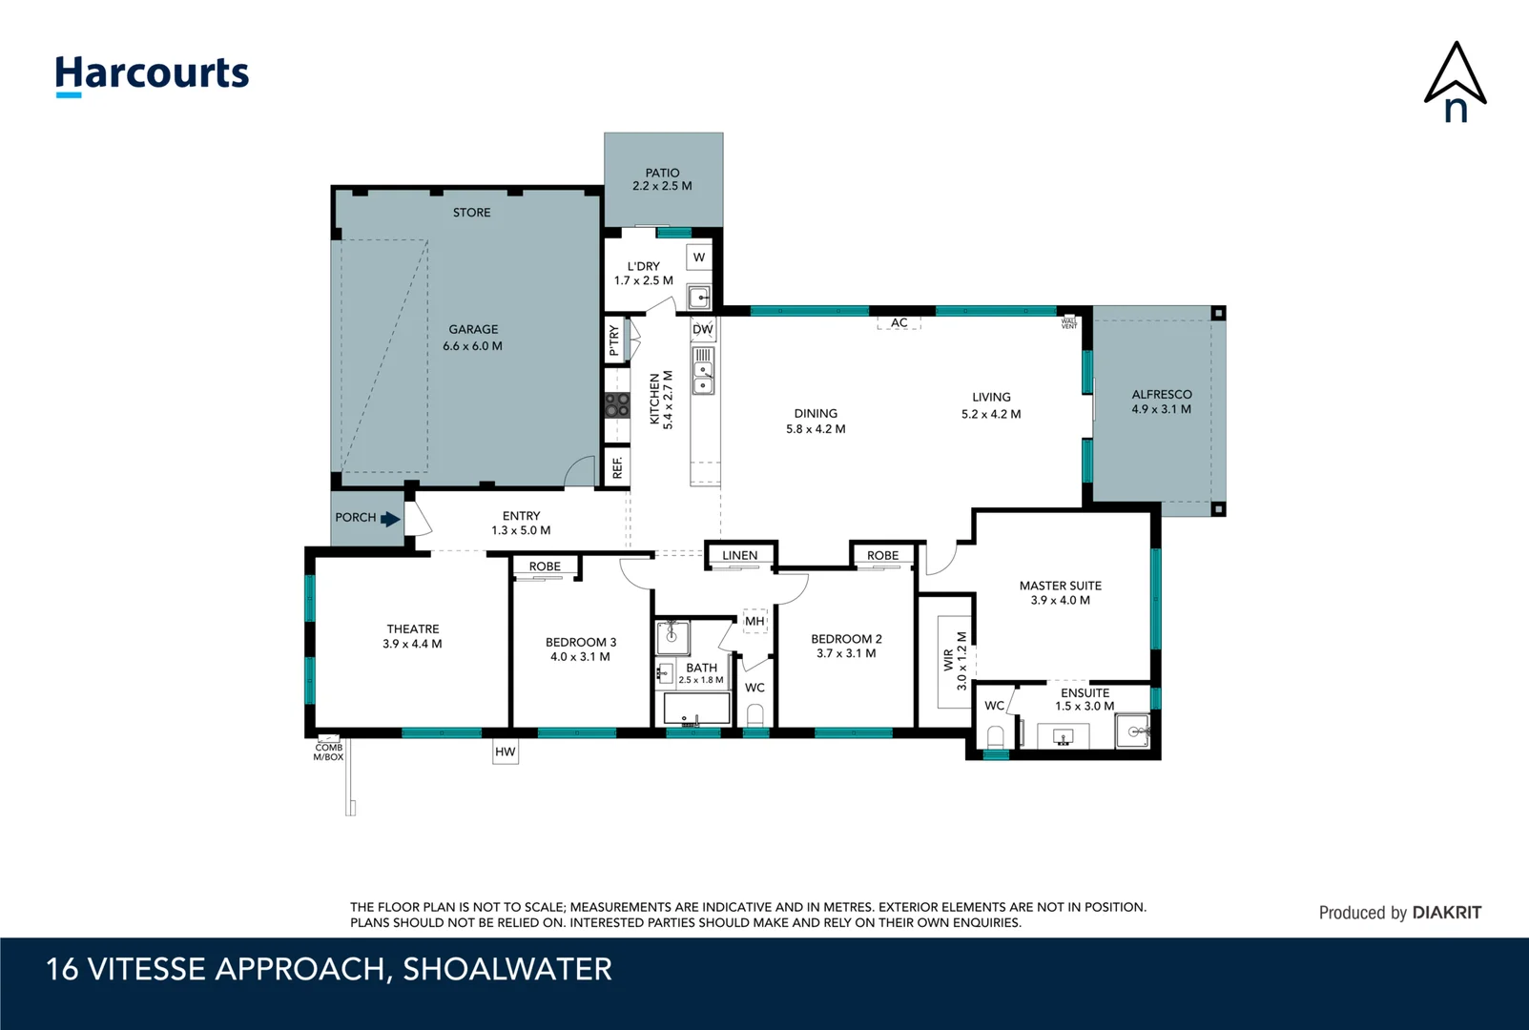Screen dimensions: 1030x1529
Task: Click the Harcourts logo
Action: (152, 74)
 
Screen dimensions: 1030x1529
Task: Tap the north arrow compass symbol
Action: (1455, 82)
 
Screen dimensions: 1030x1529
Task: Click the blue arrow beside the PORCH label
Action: (390, 519)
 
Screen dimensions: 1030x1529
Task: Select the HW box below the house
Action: (505, 752)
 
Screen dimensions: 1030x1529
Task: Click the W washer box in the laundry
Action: (699, 257)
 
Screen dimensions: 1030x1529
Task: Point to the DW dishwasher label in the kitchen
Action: (703, 330)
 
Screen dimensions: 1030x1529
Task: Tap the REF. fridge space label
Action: (617, 467)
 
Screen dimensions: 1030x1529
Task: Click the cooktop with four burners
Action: (617, 404)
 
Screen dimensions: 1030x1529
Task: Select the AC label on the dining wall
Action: (899, 323)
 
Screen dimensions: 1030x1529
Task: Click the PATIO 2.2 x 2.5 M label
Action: (662, 179)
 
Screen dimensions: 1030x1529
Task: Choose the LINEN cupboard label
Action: (739, 555)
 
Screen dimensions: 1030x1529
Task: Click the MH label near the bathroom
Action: (754, 621)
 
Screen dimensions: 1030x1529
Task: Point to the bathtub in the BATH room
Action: (696, 709)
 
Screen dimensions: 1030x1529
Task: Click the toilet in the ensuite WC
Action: (995, 737)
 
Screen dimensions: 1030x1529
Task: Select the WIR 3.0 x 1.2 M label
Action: (955, 660)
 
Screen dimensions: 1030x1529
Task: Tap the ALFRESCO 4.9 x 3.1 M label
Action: (1161, 402)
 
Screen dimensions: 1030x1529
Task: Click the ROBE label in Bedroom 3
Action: (545, 566)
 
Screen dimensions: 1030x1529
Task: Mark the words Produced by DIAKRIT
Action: (1399, 913)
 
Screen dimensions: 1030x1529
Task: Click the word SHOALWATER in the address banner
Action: (506, 969)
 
